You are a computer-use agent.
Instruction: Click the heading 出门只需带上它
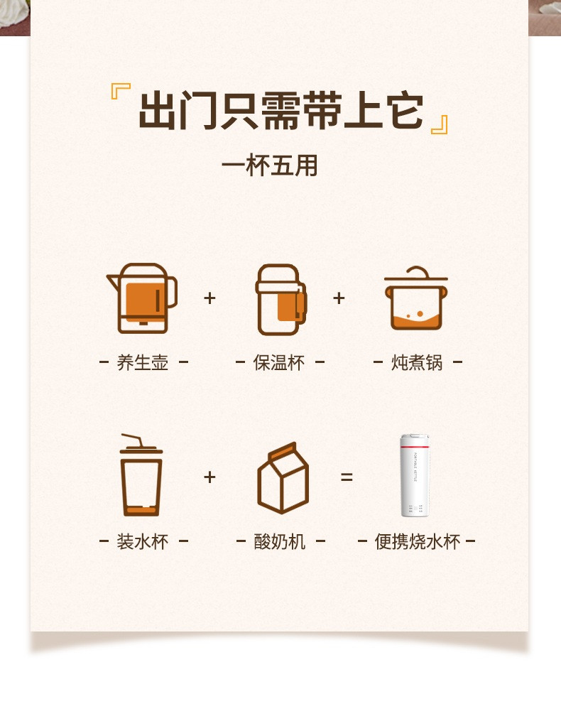(x=280, y=110)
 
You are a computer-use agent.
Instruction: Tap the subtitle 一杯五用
(x=269, y=166)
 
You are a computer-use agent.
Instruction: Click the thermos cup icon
(x=281, y=299)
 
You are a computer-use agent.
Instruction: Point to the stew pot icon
(x=416, y=298)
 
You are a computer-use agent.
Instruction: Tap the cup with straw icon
(x=141, y=475)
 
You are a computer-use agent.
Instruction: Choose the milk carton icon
(x=283, y=477)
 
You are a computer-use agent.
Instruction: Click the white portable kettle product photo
(x=414, y=475)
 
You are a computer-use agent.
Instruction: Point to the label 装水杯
(x=143, y=542)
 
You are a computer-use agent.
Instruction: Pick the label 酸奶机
(x=280, y=542)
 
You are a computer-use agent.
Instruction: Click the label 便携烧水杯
(x=418, y=542)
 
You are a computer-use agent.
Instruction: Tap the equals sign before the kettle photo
(x=347, y=477)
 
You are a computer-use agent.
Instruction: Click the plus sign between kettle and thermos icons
(x=209, y=298)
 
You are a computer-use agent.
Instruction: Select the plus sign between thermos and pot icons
(x=339, y=298)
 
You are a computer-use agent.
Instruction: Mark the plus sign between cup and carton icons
(x=209, y=477)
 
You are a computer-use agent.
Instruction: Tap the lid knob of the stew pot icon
(x=418, y=271)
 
